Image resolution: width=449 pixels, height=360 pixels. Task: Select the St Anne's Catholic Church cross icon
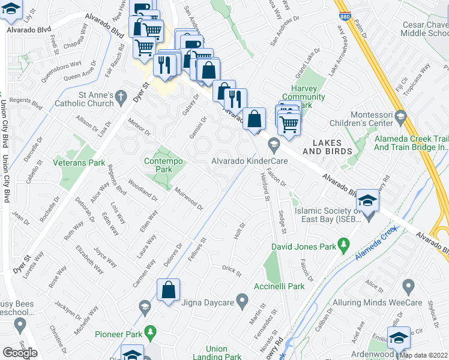(x=120, y=96)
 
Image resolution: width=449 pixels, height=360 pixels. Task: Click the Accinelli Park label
(x=279, y=286)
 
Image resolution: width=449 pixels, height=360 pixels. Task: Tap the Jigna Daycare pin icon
(x=242, y=298)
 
